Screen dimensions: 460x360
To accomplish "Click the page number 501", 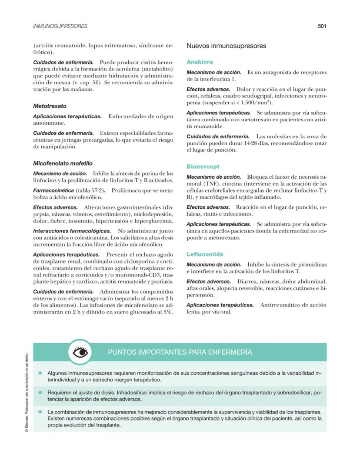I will click(x=322, y=26).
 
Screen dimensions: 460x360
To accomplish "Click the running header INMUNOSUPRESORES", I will click(x=60, y=26).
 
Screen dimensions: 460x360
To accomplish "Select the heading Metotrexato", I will click(x=50, y=106).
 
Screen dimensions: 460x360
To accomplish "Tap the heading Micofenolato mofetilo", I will click(x=63, y=163).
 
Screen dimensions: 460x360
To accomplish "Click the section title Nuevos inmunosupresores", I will click(x=226, y=46).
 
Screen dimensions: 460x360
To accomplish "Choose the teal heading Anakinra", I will click(x=200, y=62).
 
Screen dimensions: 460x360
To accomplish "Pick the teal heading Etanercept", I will click(x=203, y=167).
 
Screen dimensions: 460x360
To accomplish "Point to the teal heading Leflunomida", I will click(x=205, y=254).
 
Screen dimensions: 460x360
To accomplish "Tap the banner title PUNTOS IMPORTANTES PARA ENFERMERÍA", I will click(x=180, y=352).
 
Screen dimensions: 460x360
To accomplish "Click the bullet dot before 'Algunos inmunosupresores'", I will click(x=40, y=373).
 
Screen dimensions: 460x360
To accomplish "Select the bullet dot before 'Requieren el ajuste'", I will click(x=40, y=392).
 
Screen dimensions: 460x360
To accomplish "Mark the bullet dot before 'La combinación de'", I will click(x=40, y=411).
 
